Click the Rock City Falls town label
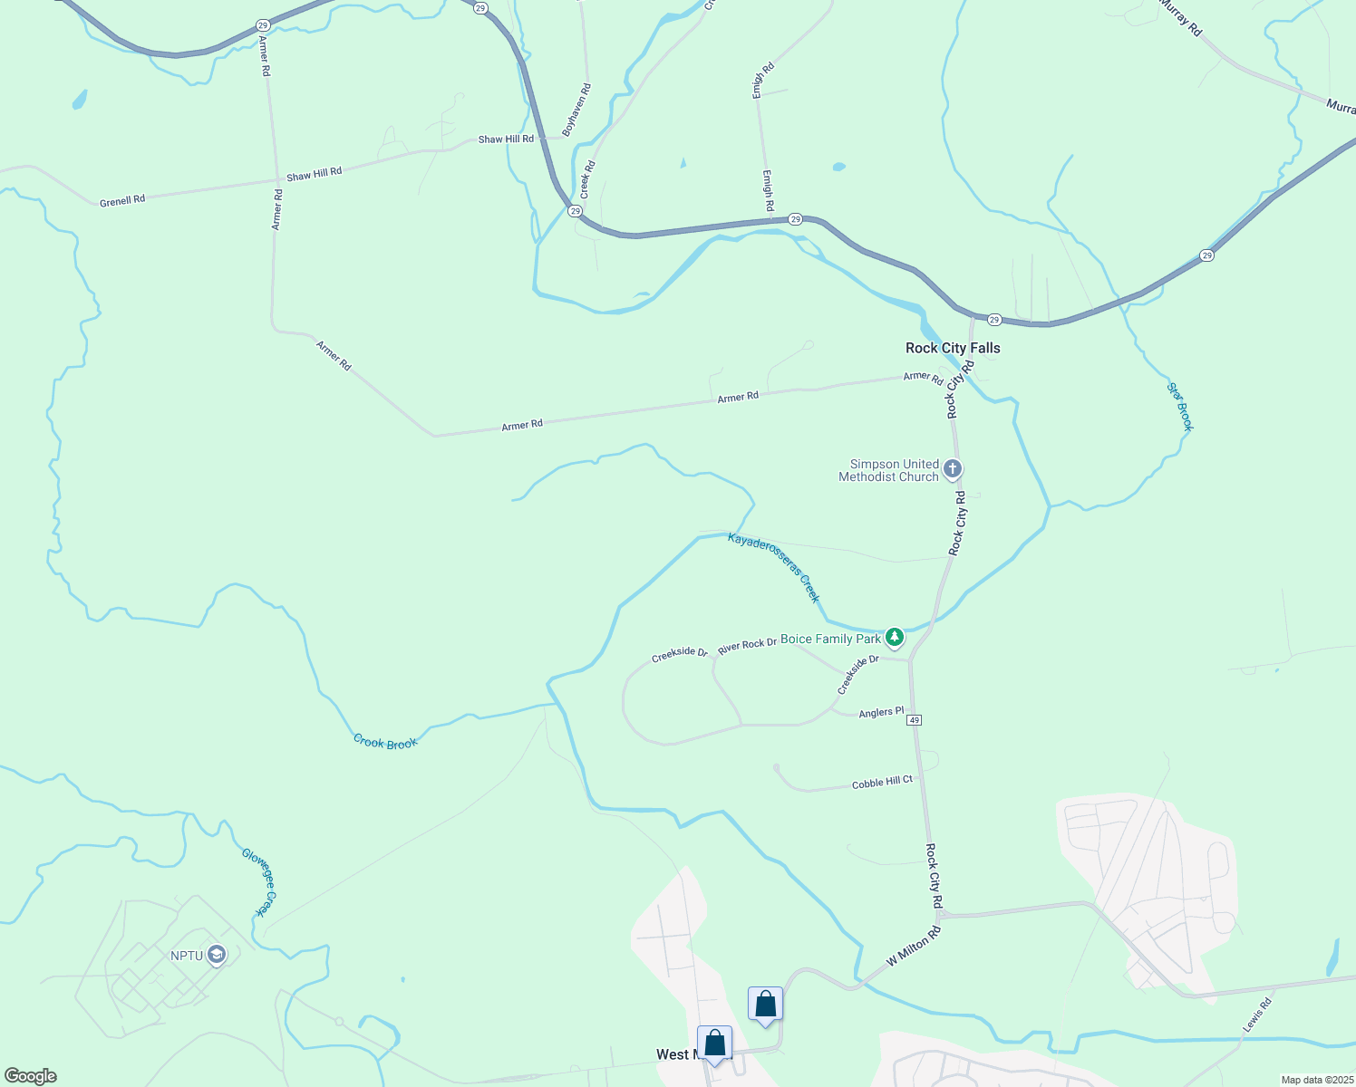pyautogui.click(x=953, y=348)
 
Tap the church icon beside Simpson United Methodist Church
pyautogui.click(x=952, y=469)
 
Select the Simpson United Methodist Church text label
pyautogui.click(x=888, y=470)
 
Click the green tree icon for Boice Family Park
pyautogui.click(x=895, y=639)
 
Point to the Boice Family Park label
pyautogui.click(x=830, y=639)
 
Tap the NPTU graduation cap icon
pyautogui.click(x=216, y=955)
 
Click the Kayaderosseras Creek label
pyautogui.click(x=773, y=568)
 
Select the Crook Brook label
pyautogui.click(x=385, y=743)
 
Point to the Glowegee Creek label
pyautogui.click(x=258, y=881)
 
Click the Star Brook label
pyautogui.click(x=1180, y=407)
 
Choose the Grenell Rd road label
pyautogui.click(x=122, y=200)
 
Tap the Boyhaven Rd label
pyautogui.click(x=576, y=110)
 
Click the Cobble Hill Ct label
pyautogui.click(x=882, y=782)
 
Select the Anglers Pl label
pyautogui.click(x=881, y=713)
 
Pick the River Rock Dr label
pyautogui.click(x=747, y=645)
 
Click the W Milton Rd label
pyautogui.click(x=914, y=946)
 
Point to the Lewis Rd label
pyautogui.click(x=1257, y=1014)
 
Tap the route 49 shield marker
pyautogui.click(x=914, y=720)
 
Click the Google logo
pyautogui.click(x=31, y=1076)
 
